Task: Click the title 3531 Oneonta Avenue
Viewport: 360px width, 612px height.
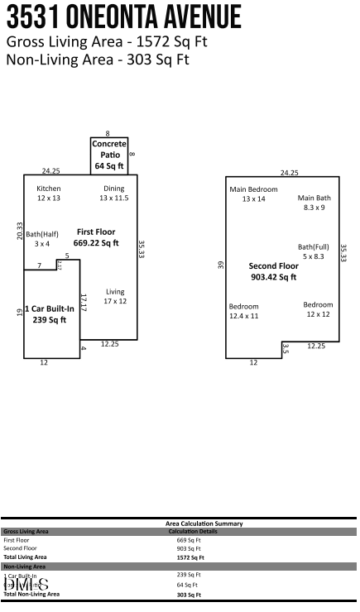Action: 124,17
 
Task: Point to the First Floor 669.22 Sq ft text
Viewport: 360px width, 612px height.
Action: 96,237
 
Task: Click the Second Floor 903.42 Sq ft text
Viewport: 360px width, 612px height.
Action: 272,271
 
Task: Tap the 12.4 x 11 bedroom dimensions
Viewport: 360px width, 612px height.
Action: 243,316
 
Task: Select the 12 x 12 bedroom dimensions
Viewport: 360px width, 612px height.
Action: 318,314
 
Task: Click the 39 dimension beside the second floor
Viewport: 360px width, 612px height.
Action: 220,265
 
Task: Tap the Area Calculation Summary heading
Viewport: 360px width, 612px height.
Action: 204,524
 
